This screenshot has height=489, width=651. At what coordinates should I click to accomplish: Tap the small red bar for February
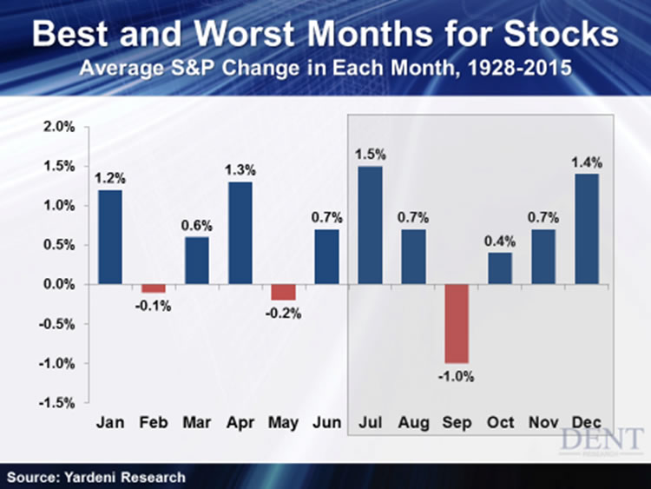[154, 288]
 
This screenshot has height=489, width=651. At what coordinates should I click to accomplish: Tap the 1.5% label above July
[370, 154]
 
